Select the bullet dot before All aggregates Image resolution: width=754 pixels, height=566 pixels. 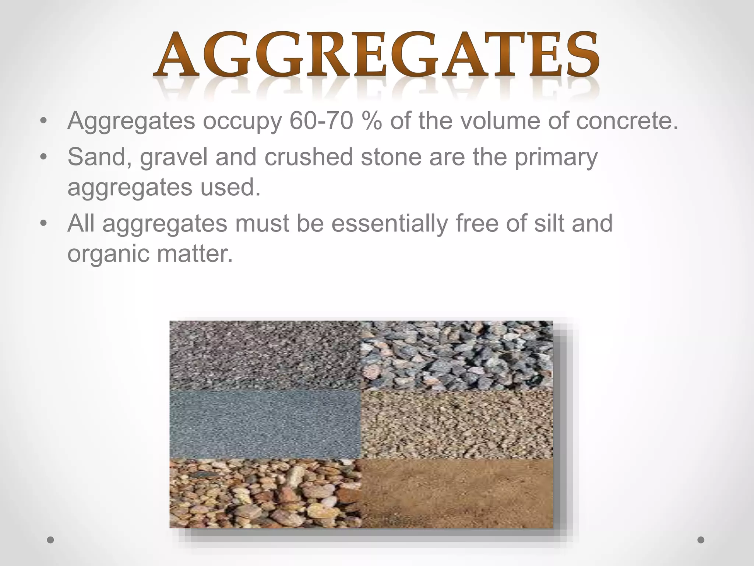44,224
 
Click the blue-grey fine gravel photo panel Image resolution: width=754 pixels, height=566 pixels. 265,424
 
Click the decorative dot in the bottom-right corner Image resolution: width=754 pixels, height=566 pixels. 701,540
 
